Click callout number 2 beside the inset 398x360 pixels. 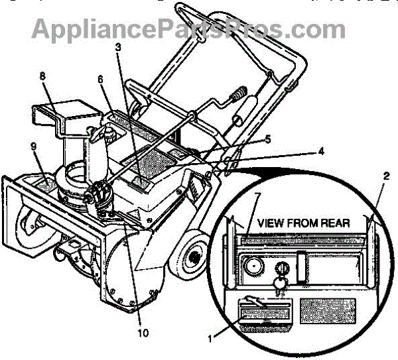(x=385, y=176)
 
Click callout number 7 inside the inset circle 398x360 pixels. (x=256, y=197)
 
